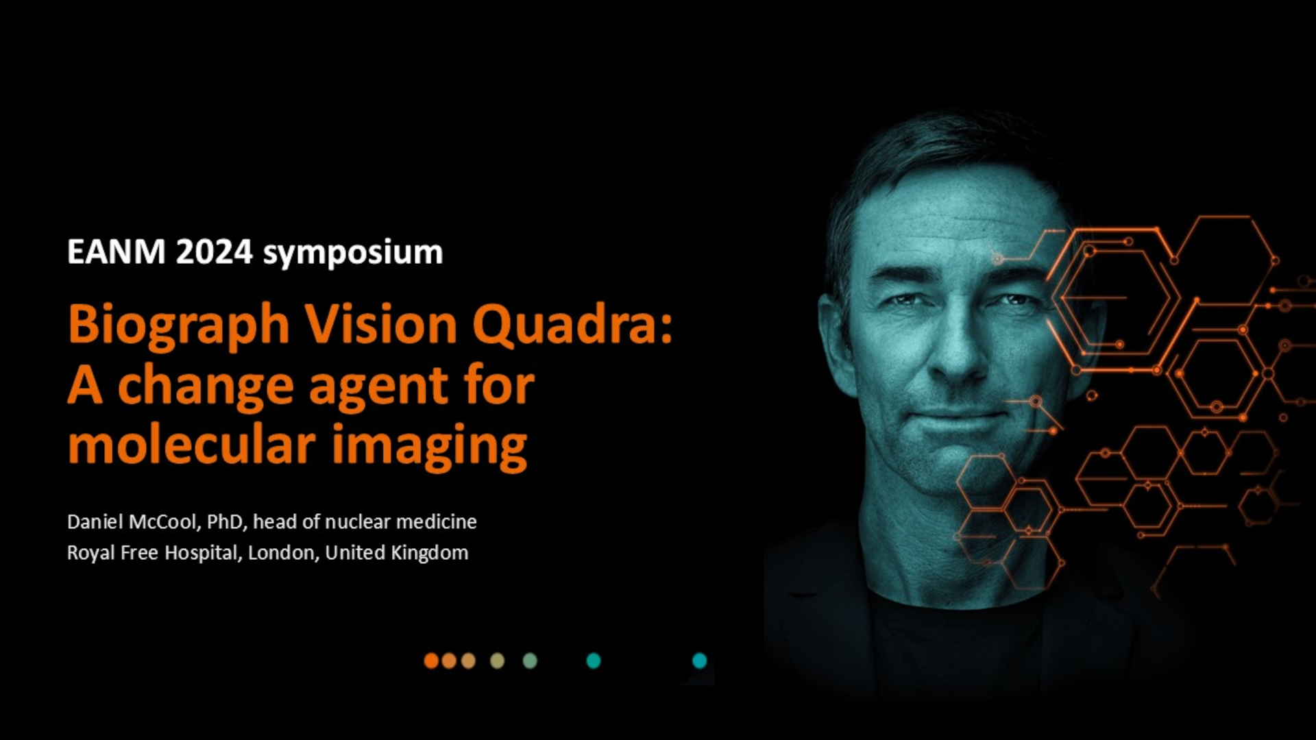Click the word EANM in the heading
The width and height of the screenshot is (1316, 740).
click(116, 252)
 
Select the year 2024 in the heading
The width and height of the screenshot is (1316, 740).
click(215, 252)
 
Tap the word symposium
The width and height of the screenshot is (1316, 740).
click(353, 254)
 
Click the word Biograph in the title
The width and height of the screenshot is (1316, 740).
click(179, 325)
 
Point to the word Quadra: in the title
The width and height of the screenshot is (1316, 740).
click(573, 325)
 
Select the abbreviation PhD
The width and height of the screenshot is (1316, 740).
click(225, 522)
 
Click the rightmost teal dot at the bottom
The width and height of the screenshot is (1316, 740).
click(699, 661)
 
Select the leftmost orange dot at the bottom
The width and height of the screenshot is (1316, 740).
click(431, 661)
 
